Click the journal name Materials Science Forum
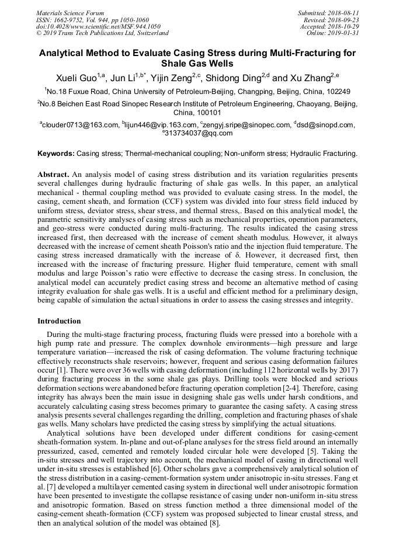[x=70, y=12]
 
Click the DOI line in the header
[x=98, y=26]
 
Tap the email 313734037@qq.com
[x=199, y=133]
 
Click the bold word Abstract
[x=54, y=175]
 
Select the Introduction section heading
[x=59, y=321]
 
